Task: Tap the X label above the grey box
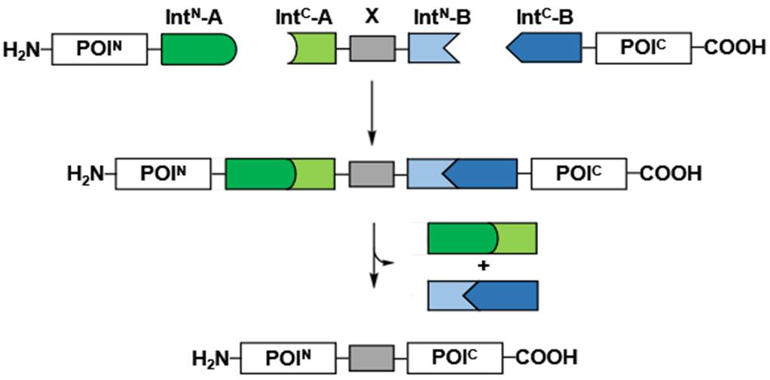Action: point(371,17)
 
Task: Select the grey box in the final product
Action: point(373,355)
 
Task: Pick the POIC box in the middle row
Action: point(579,173)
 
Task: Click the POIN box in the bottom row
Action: point(291,355)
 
